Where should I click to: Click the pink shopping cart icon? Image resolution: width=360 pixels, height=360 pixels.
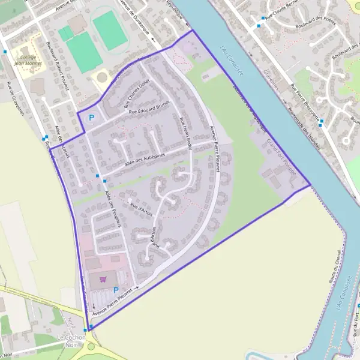[x=103, y=278]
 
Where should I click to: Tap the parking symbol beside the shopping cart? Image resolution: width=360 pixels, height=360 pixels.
[x=116, y=290]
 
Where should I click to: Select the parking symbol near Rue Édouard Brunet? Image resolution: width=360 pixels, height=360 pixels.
[x=92, y=118]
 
